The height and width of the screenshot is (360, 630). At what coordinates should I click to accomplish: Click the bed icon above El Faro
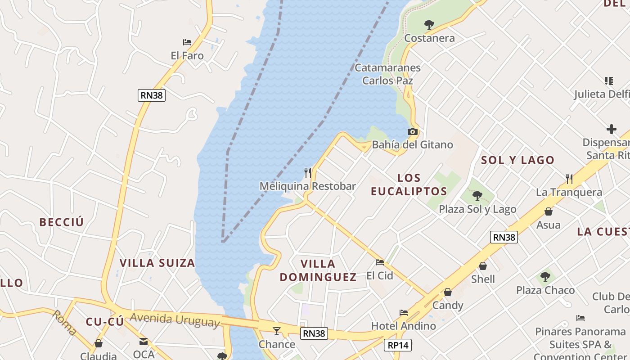click(x=187, y=42)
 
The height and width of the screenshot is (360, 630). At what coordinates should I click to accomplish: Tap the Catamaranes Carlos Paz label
click(x=387, y=74)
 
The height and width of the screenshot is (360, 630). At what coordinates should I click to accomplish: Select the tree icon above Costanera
click(x=429, y=25)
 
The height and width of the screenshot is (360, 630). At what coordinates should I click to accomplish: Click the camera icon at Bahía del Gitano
click(x=412, y=132)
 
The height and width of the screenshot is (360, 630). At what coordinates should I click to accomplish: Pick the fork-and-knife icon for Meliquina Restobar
click(x=308, y=172)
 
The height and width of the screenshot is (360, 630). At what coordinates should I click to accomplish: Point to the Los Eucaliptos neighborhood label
click(x=409, y=184)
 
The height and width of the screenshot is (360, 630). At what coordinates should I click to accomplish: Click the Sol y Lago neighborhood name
click(x=517, y=160)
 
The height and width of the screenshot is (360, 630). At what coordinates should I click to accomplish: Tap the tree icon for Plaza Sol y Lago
click(x=477, y=196)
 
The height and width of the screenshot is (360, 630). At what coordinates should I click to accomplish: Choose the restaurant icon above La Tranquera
click(x=569, y=179)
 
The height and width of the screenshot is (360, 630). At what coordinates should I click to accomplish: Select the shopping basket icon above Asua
click(x=549, y=211)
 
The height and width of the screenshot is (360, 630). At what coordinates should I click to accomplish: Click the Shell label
click(x=483, y=279)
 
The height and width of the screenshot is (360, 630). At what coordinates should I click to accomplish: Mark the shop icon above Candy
click(x=447, y=292)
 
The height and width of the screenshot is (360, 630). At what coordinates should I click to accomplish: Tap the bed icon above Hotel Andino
click(x=403, y=312)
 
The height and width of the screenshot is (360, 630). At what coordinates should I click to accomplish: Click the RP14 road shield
click(x=398, y=345)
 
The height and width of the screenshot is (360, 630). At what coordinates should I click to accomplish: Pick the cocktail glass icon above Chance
click(x=277, y=331)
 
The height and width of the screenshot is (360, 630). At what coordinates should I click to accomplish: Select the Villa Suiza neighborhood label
click(x=157, y=263)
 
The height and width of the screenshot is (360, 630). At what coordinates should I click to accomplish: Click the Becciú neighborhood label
click(x=62, y=222)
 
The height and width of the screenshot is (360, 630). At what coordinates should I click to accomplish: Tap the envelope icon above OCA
click(x=144, y=342)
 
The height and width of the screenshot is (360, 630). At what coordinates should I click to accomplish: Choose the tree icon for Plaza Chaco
click(x=545, y=276)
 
